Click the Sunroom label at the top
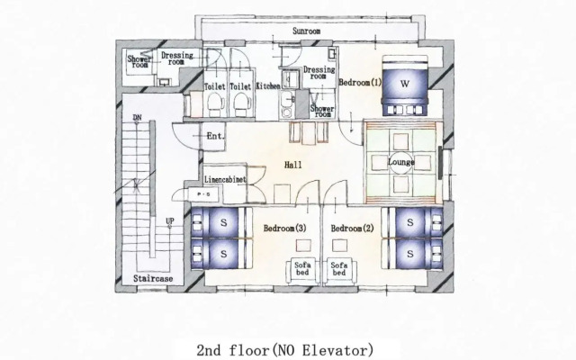pos(307,31)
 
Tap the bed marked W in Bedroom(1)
pos(404,85)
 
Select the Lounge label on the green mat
pos(400,162)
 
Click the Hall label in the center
pos(293,165)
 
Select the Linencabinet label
pos(225,179)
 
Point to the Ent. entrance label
pos(215,136)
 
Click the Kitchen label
pos(268,86)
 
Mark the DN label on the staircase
pos(137,118)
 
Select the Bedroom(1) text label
pos(360,83)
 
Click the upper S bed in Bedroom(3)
pos(222,220)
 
